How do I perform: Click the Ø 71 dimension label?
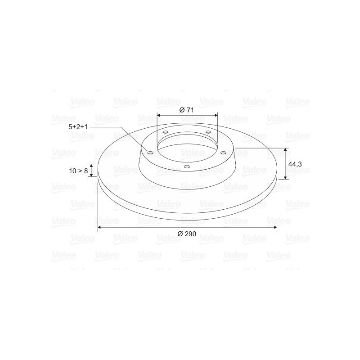186,110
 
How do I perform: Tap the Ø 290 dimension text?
187,234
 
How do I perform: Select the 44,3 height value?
295,164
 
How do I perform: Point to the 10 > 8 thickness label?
78,171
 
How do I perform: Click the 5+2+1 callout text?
78,127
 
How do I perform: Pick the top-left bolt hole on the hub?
165,132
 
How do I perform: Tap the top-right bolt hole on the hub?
208,132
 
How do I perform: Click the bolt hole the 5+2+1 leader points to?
150,153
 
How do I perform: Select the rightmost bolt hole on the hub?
223,153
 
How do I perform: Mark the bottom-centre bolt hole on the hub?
187,166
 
